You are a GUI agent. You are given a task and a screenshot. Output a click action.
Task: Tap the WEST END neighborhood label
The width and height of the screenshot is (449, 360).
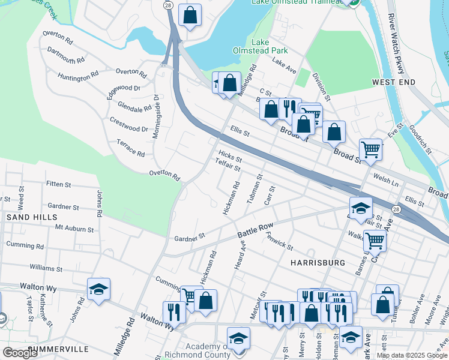point(393,82)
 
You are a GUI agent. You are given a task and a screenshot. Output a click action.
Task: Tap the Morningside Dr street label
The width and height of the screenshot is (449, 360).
point(155,116)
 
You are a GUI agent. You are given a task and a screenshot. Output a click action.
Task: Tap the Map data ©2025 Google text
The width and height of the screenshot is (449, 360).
point(412,355)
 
